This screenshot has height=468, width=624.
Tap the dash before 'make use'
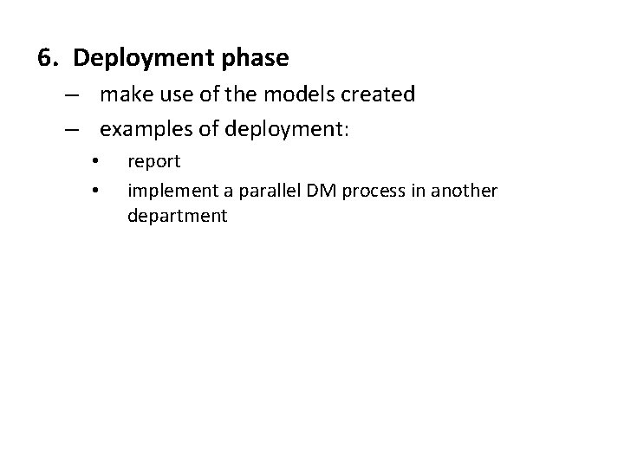pyautogui.click(x=73, y=94)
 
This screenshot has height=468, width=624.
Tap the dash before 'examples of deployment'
pyautogui.click(x=73, y=129)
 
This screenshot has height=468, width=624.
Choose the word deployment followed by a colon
pyautogui.click(x=284, y=130)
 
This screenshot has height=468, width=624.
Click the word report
pyautogui.click(x=153, y=162)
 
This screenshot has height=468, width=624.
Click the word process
pyautogui.click(x=365, y=190)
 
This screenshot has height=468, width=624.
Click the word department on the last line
pyautogui.click(x=177, y=217)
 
